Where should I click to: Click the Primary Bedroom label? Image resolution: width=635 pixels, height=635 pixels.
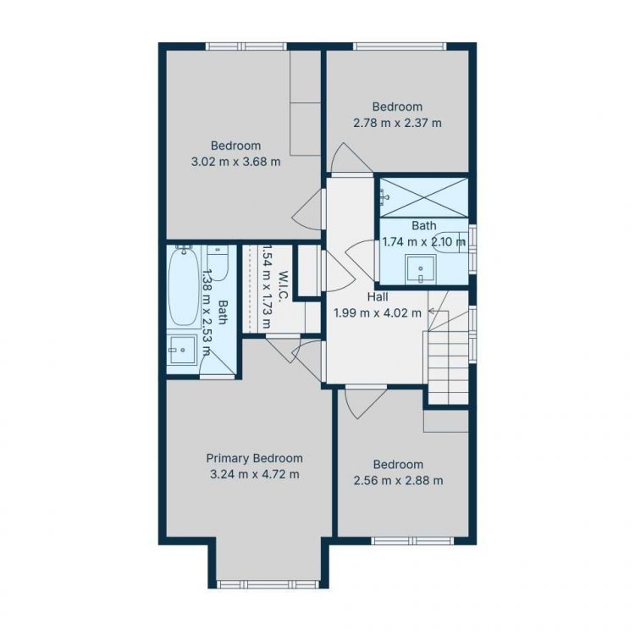click(x=254, y=458)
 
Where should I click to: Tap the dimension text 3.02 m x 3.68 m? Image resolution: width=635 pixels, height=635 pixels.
click(x=235, y=162)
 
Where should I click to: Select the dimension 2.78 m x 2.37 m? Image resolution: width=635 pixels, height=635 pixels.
click(x=397, y=123)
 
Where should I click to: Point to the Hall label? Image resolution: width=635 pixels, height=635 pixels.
click(x=378, y=297)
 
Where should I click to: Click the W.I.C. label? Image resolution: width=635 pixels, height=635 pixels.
click(x=283, y=286)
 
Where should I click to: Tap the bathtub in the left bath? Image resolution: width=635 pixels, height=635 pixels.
click(x=184, y=286)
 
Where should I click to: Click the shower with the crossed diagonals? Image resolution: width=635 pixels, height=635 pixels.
click(x=423, y=197)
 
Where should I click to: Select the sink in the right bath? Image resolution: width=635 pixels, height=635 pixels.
click(x=420, y=269)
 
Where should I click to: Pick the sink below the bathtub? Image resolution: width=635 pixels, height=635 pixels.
click(x=183, y=350)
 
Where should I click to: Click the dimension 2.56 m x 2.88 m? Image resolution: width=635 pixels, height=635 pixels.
click(x=398, y=481)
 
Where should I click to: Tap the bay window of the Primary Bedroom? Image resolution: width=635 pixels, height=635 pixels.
click(x=268, y=584)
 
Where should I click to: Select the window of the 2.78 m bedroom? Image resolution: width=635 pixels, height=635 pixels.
click(x=400, y=47)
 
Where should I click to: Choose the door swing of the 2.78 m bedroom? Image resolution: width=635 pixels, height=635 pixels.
click(x=351, y=158)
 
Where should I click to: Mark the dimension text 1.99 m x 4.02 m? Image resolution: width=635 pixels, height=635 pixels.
click(x=378, y=313)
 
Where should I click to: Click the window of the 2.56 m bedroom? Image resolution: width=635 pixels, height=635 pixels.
click(x=412, y=541)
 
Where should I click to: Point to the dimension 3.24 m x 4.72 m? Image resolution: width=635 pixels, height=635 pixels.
click(x=255, y=474)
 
